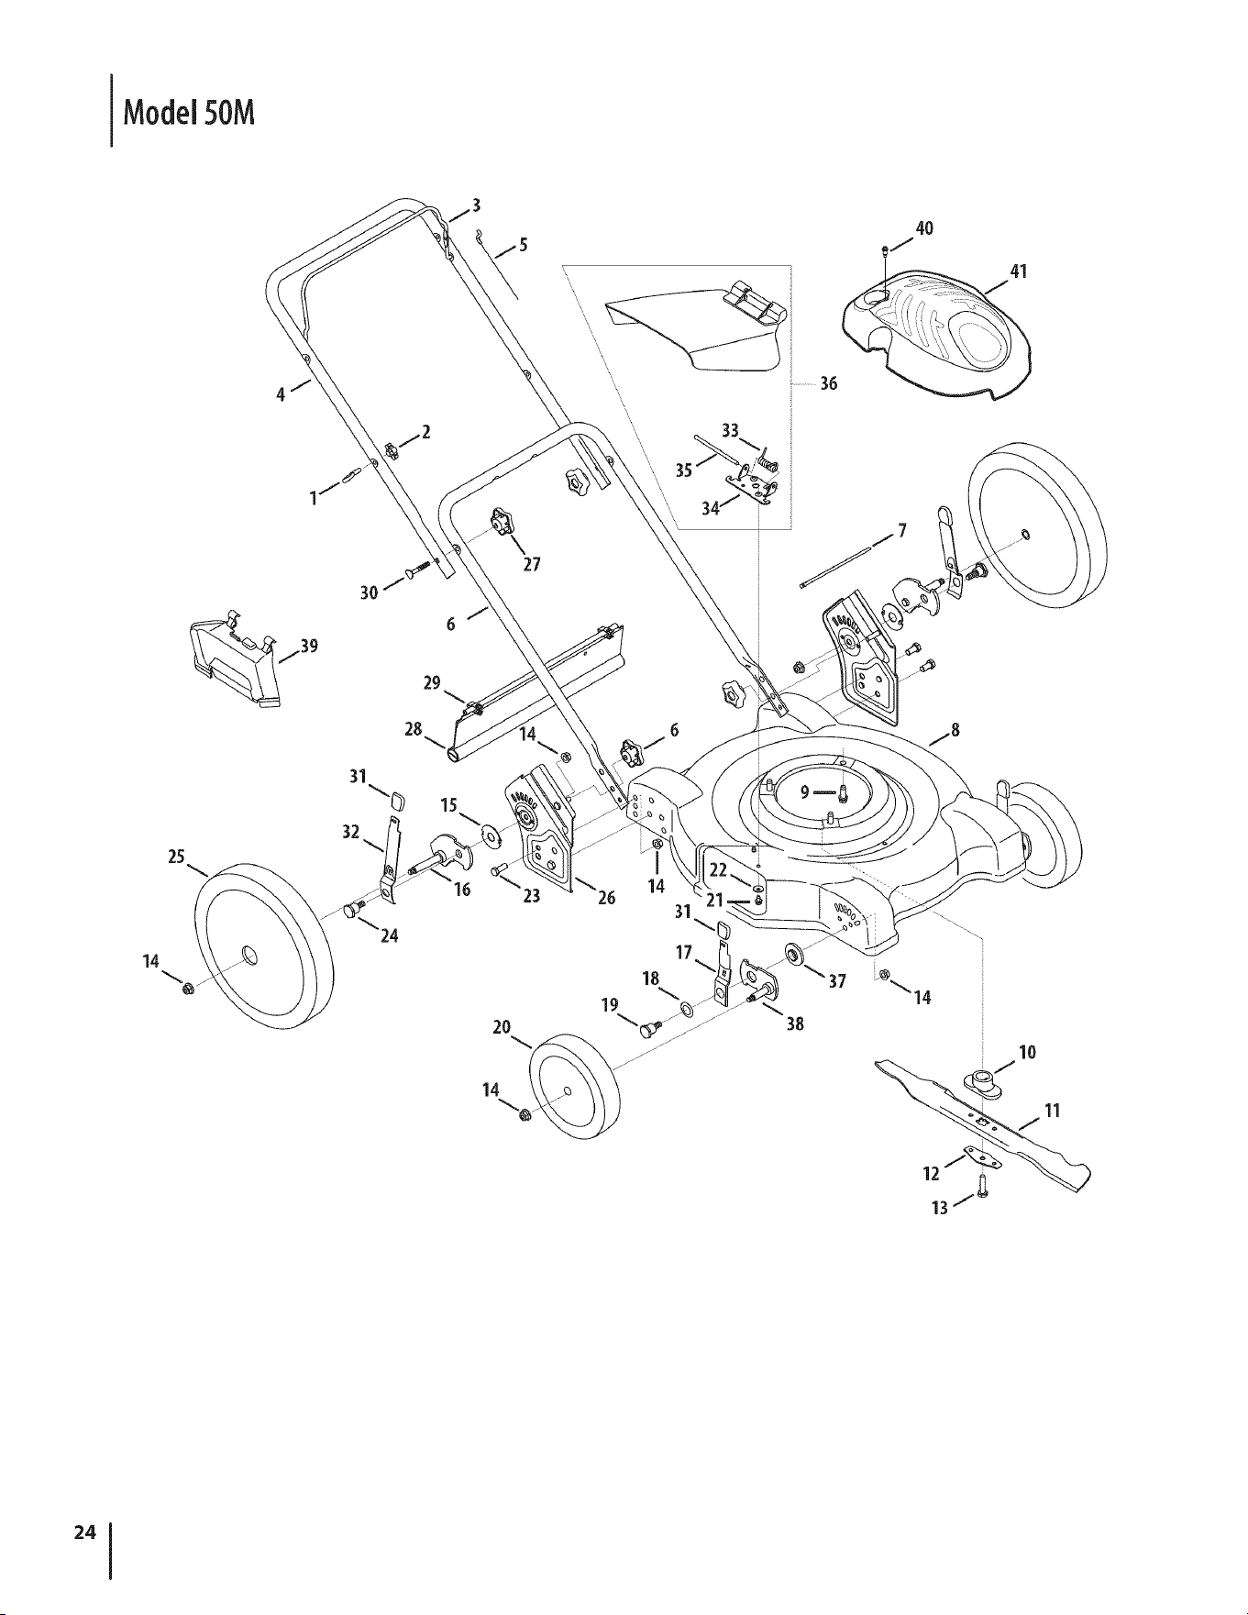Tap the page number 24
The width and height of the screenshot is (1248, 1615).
click(x=85, y=1531)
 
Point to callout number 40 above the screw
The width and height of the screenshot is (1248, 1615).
click(x=923, y=227)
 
